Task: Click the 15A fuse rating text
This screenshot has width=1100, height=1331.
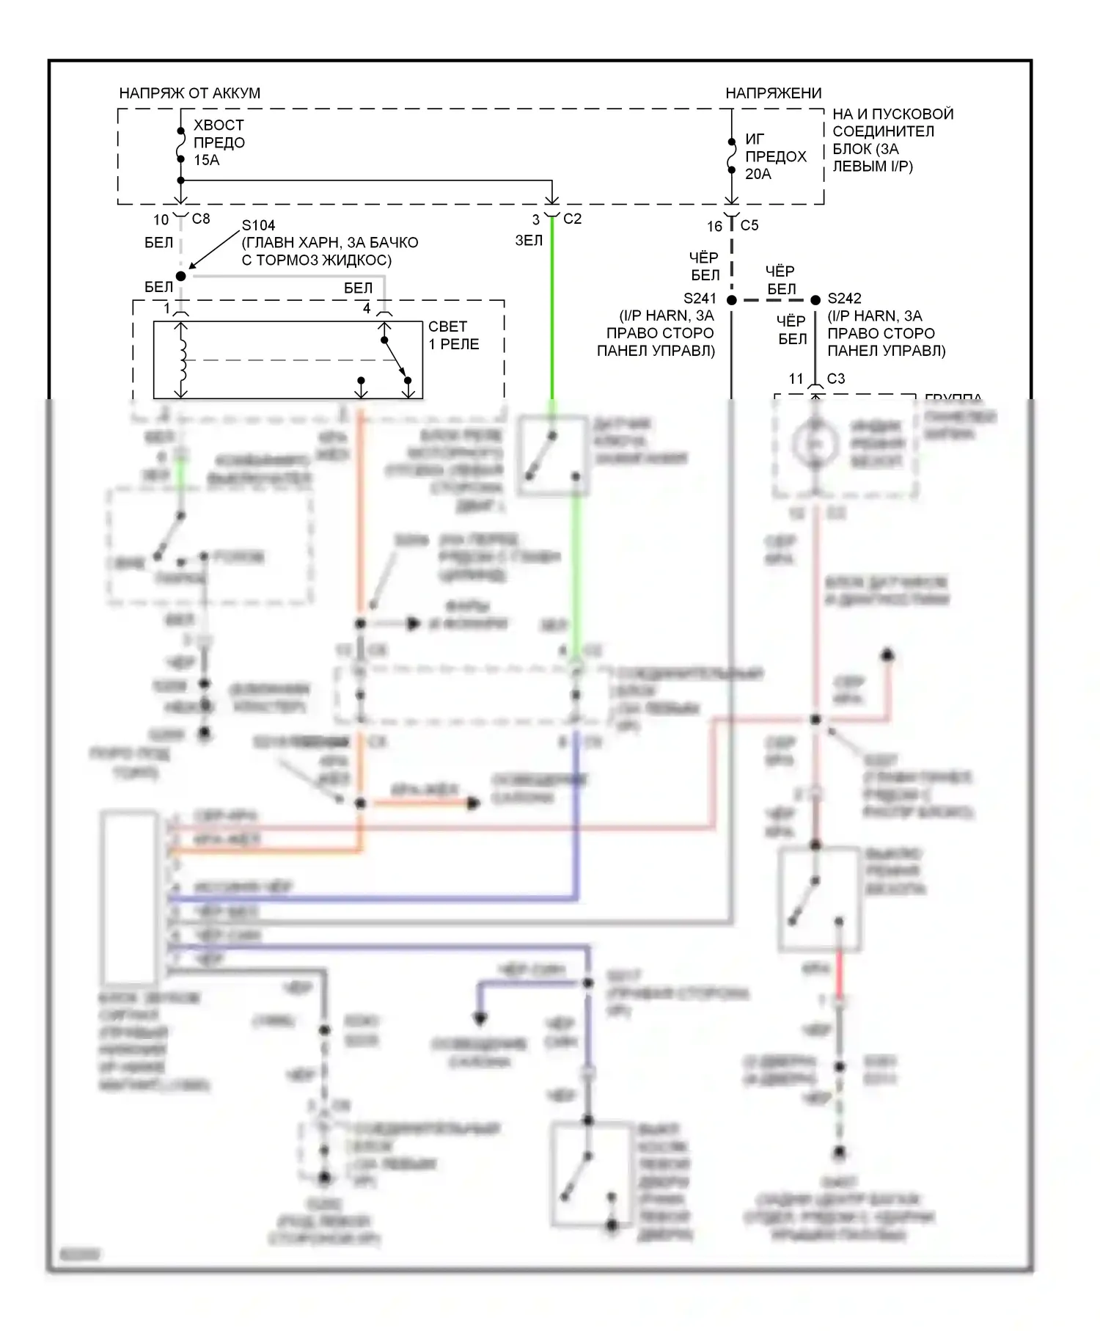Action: click(206, 160)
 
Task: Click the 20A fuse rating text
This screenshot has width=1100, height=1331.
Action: click(758, 174)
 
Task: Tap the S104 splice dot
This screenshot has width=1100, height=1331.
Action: click(181, 276)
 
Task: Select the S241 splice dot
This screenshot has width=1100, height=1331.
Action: click(731, 300)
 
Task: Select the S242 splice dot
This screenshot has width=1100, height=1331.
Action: click(815, 300)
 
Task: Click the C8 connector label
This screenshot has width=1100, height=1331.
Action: click(201, 219)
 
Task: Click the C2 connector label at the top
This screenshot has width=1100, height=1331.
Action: click(572, 219)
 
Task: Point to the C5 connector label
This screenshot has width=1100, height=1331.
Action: click(749, 225)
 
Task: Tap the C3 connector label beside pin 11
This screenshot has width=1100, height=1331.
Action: click(836, 379)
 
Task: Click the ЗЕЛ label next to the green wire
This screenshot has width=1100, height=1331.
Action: click(529, 240)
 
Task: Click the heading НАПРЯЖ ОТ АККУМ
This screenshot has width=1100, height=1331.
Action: click(189, 93)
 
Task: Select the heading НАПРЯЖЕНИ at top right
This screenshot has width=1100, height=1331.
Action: click(773, 93)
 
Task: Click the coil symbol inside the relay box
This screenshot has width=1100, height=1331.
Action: click(181, 360)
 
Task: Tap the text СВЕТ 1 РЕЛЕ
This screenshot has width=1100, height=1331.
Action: click(454, 335)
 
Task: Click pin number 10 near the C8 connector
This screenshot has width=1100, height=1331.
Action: click(161, 219)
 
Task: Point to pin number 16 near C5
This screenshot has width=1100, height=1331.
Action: click(715, 226)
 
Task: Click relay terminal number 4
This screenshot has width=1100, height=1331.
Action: click(367, 308)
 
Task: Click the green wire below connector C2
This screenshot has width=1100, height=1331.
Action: click(552, 308)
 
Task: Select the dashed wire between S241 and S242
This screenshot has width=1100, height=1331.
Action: click(774, 300)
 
